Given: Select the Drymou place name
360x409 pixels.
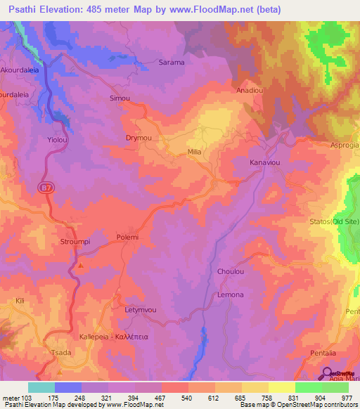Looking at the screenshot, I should pyautogui.click(x=139, y=138).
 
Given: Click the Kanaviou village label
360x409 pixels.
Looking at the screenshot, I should pyautogui.click(x=264, y=162).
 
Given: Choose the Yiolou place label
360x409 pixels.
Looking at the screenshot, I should pyautogui.click(x=57, y=139).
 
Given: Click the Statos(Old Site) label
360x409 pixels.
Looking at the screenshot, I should pyautogui.click(x=335, y=223).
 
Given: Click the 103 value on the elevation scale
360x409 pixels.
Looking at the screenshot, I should pyautogui.click(x=28, y=397).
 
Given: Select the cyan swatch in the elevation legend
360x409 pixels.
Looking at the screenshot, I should pyautogui.click(x=41, y=387).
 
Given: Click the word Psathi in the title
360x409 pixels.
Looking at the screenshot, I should pyautogui.click(x=26, y=9).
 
